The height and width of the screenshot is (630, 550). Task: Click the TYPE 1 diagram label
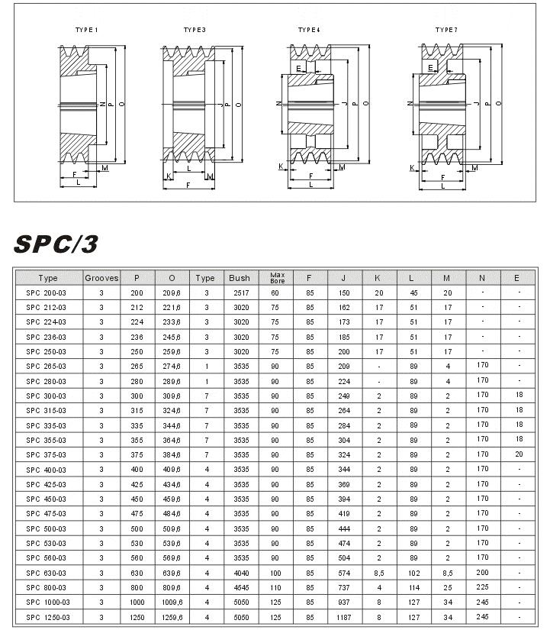(86, 30)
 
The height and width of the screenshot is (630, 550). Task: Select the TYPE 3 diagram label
(195, 30)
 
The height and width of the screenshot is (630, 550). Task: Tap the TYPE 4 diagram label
(309, 30)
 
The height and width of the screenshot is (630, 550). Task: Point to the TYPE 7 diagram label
(446, 30)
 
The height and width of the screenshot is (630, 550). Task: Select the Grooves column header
(101, 278)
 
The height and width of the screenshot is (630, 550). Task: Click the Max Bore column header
(278, 278)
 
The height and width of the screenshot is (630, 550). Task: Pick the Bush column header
(240, 278)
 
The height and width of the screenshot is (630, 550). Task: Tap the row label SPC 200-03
(47, 292)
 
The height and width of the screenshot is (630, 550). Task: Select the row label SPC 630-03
(47, 573)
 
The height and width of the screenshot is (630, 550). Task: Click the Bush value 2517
(240, 292)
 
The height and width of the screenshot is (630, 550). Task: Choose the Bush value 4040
(240, 573)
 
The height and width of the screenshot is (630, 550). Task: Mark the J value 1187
(344, 617)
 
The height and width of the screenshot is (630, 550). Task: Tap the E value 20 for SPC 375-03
(519, 454)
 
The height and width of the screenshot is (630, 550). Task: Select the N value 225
(482, 587)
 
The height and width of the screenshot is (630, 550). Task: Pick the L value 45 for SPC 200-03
(413, 292)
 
